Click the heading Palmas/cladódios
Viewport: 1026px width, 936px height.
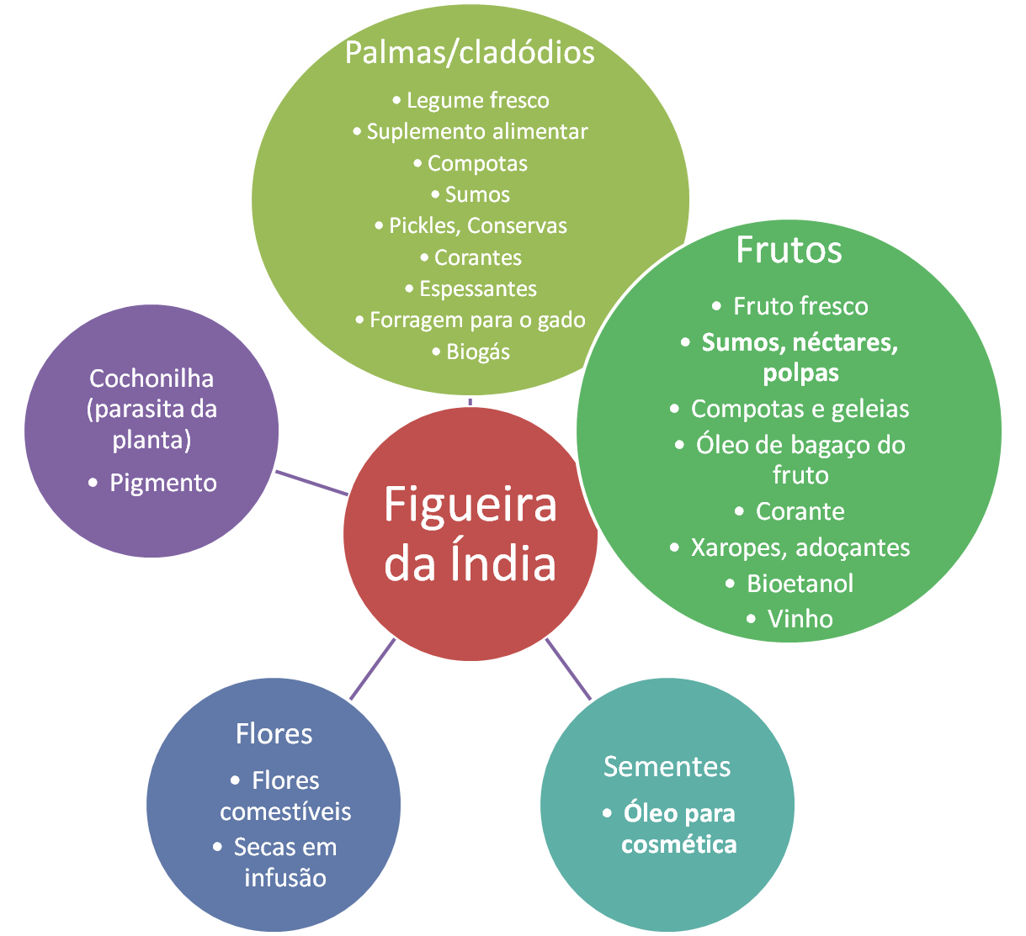470,52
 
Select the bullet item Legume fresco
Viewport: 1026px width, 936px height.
477,101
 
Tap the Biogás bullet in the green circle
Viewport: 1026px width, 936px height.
478,352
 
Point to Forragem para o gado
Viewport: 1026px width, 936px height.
477,320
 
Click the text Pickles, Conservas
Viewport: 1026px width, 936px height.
477,226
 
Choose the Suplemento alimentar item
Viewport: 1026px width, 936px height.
477,132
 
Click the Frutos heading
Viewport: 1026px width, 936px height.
789,250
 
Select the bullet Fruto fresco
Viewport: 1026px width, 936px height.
800,306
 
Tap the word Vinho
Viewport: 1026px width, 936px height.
800,619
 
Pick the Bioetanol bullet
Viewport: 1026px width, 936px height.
800,583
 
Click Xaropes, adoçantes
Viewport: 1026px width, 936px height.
800,547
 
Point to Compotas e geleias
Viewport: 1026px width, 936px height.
800,410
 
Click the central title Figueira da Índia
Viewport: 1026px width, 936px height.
470,534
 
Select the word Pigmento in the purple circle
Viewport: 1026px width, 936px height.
162,483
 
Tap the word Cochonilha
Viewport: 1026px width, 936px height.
152,378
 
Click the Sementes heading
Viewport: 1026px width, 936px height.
667,766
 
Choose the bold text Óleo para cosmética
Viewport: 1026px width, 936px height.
678,829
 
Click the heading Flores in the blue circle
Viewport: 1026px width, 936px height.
274,733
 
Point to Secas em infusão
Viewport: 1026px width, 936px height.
285,862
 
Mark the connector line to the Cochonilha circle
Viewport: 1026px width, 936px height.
313,484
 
